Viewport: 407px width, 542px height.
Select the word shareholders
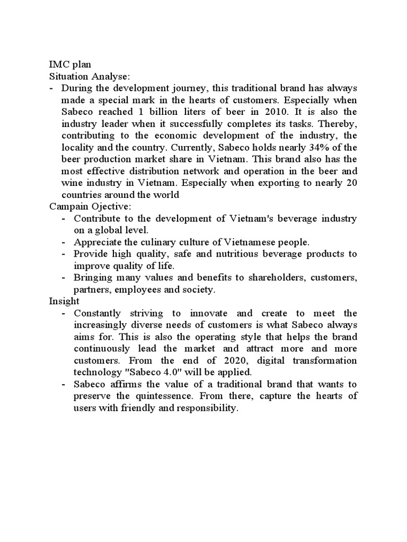(268, 277)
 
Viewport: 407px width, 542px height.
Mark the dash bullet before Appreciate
(64, 242)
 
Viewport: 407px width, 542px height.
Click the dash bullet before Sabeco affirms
(64, 384)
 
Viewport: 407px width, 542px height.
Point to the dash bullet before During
(51, 88)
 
